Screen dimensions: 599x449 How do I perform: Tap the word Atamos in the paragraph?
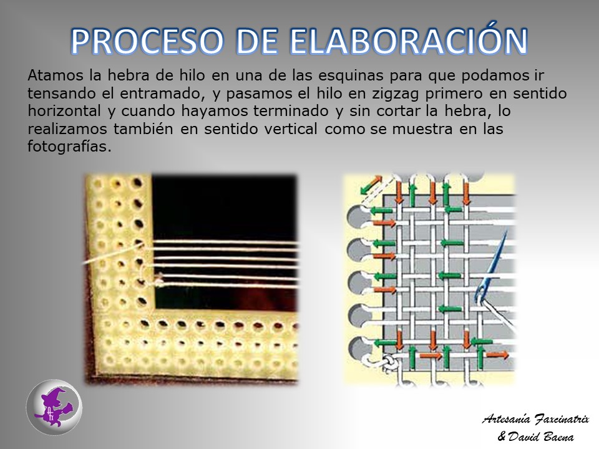[x=55, y=75]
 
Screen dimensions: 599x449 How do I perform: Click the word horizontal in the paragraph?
[x=64, y=111]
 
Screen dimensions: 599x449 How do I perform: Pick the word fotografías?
[x=69, y=147]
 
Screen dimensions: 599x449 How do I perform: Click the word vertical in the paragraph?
[x=290, y=128]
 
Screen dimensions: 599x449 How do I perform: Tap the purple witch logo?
[x=54, y=407]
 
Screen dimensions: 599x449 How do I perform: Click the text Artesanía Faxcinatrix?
[x=535, y=419]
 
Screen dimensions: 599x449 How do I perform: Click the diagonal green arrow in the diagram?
[x=371, y=185]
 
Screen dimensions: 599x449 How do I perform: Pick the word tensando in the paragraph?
[x=62, y=93]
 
